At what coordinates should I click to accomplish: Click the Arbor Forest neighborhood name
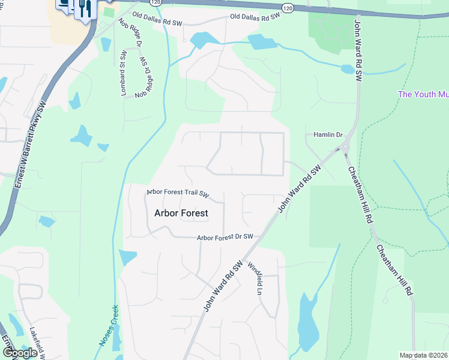(x=181, y=213)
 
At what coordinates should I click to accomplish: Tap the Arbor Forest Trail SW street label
(x=178, y=193)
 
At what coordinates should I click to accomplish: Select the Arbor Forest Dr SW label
(x=225, y=238)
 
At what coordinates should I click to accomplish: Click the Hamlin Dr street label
(x=327, y=135)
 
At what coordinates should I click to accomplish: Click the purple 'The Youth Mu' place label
(x=423, y=94)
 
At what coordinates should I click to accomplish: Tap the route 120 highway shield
(x=288, y=8)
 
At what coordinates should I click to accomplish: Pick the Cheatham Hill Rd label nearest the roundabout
(x=358, y=194)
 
